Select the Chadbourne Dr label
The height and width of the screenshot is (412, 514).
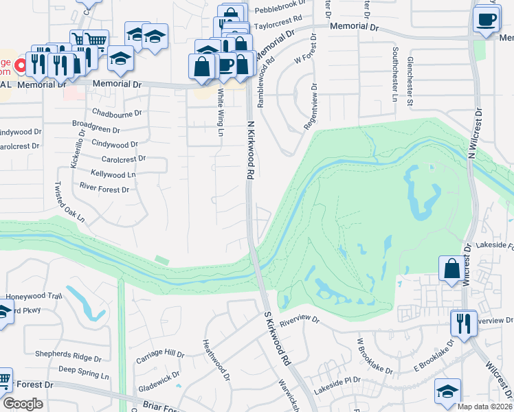[116, 113]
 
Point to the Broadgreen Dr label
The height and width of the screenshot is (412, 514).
[96, 128]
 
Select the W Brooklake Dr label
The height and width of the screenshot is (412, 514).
[375, 356]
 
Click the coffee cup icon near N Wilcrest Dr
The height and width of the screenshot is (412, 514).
[486, 20]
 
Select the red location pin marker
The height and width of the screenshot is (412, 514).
[20, 66]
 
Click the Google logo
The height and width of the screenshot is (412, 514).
[23, 404]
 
